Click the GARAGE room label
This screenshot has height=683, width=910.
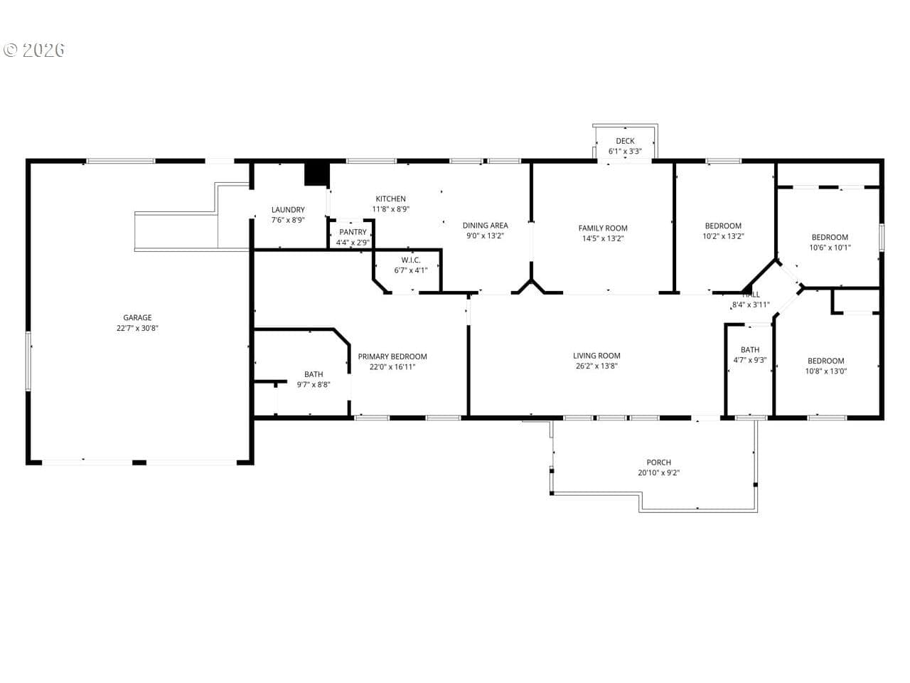click(137, 317)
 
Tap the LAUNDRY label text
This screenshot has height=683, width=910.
click(288, 210)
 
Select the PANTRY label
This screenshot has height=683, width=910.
click(353, 232)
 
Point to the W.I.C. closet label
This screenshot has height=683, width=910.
click(411, 260)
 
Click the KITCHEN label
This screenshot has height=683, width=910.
click(390, 199)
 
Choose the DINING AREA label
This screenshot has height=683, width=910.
click(485, 226)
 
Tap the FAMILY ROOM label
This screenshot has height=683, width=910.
click(603, 228)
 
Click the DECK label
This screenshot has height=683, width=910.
click(625, 141)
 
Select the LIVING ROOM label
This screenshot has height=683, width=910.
click(596, 356)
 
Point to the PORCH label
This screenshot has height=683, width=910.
click(659, 462)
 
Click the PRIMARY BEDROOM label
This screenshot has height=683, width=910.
click(392, 356)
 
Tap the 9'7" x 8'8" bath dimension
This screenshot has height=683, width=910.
click(314, 385)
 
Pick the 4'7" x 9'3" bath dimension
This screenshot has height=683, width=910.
click(750, 361)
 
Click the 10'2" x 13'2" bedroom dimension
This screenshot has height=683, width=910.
click(724, 236)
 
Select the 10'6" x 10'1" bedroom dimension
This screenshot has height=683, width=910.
click(830, 248)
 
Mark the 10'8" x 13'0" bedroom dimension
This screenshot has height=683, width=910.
click(826, 371)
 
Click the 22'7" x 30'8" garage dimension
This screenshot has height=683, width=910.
click(137, 329)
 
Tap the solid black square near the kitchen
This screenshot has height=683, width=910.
click(317, 174)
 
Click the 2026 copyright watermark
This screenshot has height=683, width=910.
click(34, 51)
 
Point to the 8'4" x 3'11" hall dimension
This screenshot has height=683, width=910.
click(751, 305)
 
